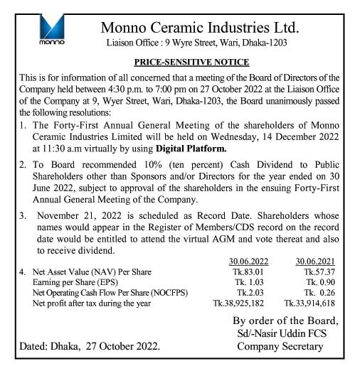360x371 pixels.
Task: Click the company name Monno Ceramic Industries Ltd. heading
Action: pos(200,28)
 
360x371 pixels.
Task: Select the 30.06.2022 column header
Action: pos(248,261)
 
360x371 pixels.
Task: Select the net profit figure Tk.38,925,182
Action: pos(240,303)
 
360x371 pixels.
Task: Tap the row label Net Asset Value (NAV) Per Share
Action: pos(96,271)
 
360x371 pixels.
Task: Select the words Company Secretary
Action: pos(280,347)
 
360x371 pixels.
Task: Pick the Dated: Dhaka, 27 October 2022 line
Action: pos(90,347)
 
